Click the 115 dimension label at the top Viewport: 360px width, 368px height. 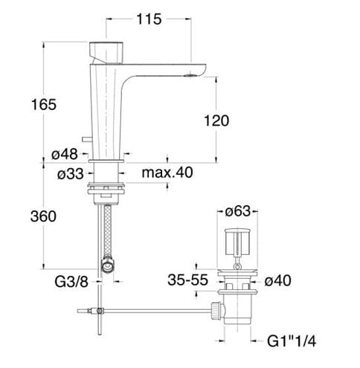click(149, 19)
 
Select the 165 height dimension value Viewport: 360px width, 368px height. click(44, 104)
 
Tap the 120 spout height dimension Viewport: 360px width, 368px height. click(216, 120)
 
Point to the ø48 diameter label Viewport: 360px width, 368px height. click(65, 154)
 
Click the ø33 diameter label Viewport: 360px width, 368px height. click(71, 174)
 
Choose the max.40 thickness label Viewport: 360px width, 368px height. click(167, 172)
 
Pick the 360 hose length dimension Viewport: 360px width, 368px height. click(43, 216)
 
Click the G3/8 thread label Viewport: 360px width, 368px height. click(71, 282)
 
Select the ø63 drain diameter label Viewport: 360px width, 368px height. click(238, 211)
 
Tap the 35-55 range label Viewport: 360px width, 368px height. click(187, 280)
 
